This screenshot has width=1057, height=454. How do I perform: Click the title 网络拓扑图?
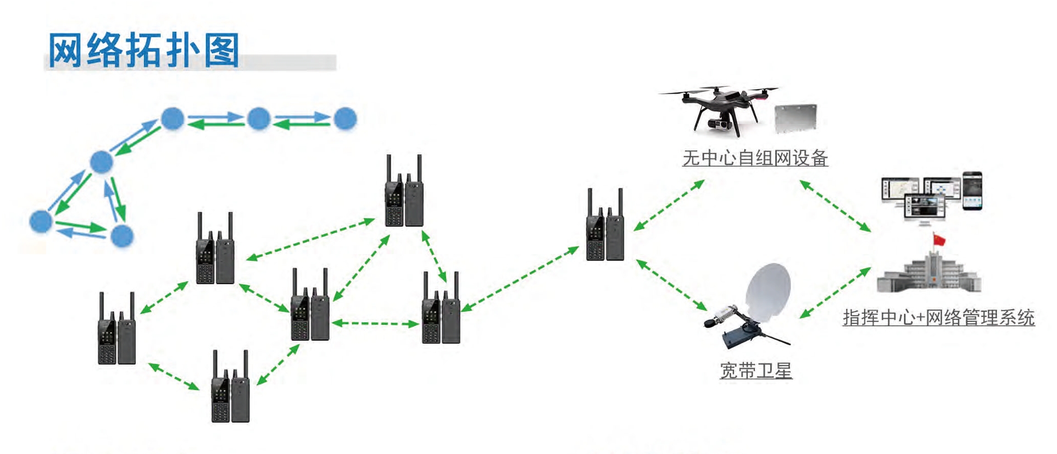(144, 50)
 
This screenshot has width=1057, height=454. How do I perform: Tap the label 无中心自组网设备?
(755, 158)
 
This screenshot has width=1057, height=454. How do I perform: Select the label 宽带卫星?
(756, 371)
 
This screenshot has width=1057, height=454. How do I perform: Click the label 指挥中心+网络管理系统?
(938, 318)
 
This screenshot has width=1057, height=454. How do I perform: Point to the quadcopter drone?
(720, 107)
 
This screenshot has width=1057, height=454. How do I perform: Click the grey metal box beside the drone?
(795, 118)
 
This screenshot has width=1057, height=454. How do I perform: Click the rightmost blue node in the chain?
(345, 119)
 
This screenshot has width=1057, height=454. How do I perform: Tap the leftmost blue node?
(41, 221)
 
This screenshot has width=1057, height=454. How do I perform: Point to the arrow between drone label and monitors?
(835, 206)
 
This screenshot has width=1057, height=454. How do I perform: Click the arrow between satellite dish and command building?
(835, 292)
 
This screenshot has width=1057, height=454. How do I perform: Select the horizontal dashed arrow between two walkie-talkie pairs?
(376, 323)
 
